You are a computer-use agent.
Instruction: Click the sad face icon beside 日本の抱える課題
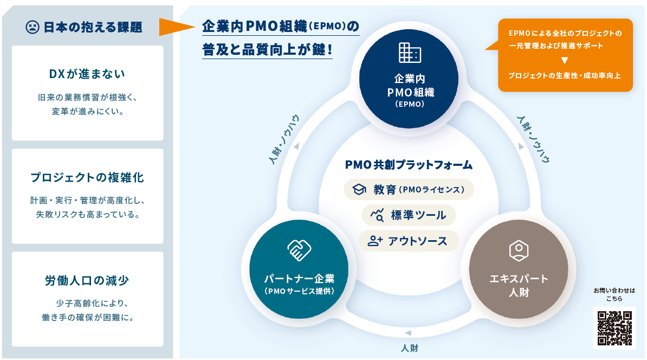(x=33, y=27)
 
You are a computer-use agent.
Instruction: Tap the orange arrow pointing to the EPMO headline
(x=176, y=27)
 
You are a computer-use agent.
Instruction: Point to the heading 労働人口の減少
(x=87, y=280)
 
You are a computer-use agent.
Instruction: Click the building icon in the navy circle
(x=410, y=52)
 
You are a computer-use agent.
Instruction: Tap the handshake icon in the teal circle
(x=299, y=250)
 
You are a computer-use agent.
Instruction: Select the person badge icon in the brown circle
(x=519, y=249)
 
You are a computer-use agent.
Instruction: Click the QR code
(x=614, y=327)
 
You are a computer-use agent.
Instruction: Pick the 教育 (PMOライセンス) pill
(x=409, y=189)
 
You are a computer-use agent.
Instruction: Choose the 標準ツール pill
(x=409, y=215)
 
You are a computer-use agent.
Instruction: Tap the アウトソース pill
(x=409, y=241)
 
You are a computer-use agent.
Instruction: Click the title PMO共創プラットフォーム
(x=409, y=164)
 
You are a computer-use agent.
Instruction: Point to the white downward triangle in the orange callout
(x=564, y=60)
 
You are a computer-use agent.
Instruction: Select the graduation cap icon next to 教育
(x=360, y=189)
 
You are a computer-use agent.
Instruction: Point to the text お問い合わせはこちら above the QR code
(x=614, y=294)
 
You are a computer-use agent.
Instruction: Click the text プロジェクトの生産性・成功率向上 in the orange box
(x=564, y=75)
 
